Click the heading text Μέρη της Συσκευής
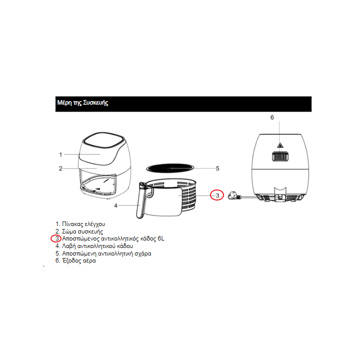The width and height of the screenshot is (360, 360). [x=82, y=103]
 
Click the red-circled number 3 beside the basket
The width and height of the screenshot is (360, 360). [x=216, y=195]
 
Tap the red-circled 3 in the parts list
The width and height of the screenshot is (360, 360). [x=57, y=239]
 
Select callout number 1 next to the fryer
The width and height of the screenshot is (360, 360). [x=60, y=154]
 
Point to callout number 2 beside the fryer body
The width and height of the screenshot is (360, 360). [x=60, y=168]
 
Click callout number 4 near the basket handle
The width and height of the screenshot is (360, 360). [x=116, y=205]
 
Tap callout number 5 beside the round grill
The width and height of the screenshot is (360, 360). [x=217, y=168]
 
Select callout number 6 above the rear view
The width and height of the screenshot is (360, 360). [x=272, y=117]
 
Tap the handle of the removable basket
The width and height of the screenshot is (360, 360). [x=141, y=202]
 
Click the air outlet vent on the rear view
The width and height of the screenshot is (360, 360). [x=280, y=156]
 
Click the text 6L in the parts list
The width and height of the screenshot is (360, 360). [x=160, y=239]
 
